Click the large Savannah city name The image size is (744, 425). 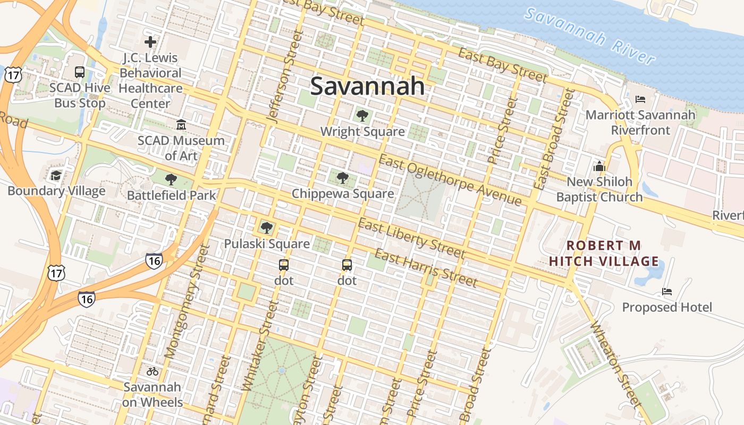(x=367, y=86)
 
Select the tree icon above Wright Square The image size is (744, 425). (x=362, y=115)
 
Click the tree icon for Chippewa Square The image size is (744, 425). (x=343, y=178)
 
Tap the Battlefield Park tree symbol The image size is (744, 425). (x=171, y=180)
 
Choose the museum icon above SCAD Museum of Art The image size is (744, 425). (x=181, y=125)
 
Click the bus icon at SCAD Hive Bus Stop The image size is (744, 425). (x=80, y=72)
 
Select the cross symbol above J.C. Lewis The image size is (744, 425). (x=150, y=41)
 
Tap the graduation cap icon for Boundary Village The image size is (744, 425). (x=56, y=175)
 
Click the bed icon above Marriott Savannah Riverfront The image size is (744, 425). (x=640, y=99)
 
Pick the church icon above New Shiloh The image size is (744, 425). (x=599, y=166)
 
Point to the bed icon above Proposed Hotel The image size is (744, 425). (x=667, y=292)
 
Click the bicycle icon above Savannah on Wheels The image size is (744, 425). (x=153, y=371)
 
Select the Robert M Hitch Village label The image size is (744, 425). (x=604, y=253)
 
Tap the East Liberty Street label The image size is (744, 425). (x=411, y=238)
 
